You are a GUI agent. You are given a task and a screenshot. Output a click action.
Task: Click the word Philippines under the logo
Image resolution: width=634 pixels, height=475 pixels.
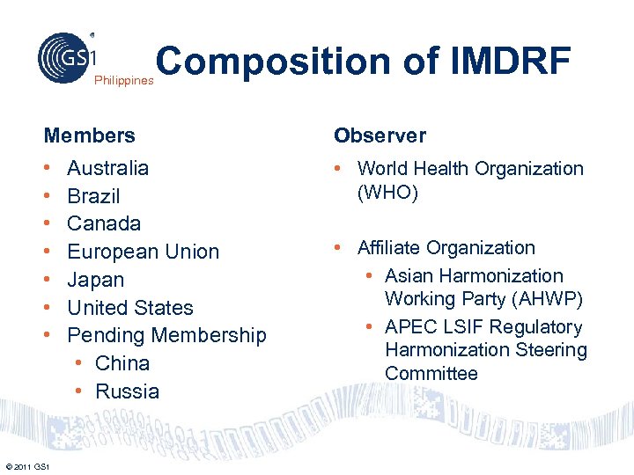(123, 80)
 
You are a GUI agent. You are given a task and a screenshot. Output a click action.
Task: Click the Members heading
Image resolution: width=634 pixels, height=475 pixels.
(90, 135)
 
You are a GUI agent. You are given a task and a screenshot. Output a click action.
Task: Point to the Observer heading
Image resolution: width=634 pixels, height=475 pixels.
(380, 135)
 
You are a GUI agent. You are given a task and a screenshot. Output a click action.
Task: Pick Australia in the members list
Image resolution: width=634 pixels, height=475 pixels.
(108, 168)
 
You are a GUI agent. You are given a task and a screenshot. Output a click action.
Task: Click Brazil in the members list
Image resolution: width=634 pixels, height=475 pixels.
(93, 196)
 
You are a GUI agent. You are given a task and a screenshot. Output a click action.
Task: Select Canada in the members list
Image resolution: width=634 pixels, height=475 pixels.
(104, 223)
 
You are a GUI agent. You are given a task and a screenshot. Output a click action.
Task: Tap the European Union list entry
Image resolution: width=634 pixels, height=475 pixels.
(144, 252)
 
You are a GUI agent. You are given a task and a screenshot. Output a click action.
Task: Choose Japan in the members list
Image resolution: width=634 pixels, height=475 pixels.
(96, 280)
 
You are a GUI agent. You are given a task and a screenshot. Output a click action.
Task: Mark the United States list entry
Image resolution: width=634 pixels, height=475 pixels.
(130, 308)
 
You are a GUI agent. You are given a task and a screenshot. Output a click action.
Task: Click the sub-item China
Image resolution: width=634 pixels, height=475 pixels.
(122, 363)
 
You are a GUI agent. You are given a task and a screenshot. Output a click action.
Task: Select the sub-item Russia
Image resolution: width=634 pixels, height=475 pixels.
(127, 391)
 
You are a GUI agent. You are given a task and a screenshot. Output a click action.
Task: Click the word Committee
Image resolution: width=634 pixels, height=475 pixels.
(431, 373)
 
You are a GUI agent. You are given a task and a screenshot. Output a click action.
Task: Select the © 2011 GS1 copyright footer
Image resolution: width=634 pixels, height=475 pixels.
(27, 465)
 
